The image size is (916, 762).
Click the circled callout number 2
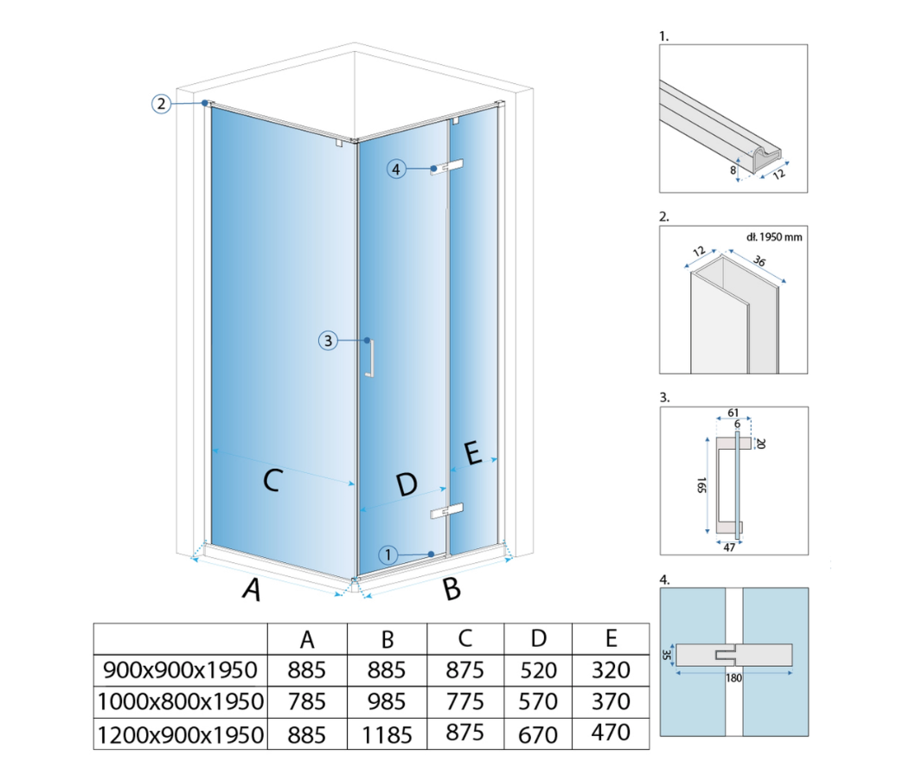click(161, 104)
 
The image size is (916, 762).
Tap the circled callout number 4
click(396, 170)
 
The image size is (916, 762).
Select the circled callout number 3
click(328, 341)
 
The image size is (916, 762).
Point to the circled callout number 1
click(388, 554)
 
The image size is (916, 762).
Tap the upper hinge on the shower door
click(447, 167)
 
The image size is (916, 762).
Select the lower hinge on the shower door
click(447, 510)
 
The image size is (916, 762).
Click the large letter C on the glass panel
click(272, 480)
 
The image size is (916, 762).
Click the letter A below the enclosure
click(252, 589)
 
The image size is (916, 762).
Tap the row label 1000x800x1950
click(181, 701)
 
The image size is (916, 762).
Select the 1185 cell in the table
click(387, 734)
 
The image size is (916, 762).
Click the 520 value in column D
click(538, 669)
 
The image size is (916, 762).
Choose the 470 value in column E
click(611, 733)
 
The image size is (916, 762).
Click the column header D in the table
click(539, 638)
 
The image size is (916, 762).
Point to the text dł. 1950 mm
click(774, 237)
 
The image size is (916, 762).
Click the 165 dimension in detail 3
click(701, 484)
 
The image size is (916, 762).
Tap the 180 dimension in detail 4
click(733, 678)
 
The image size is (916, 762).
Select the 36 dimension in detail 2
click(759, 260)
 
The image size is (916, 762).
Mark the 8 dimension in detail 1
click(733, 170)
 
